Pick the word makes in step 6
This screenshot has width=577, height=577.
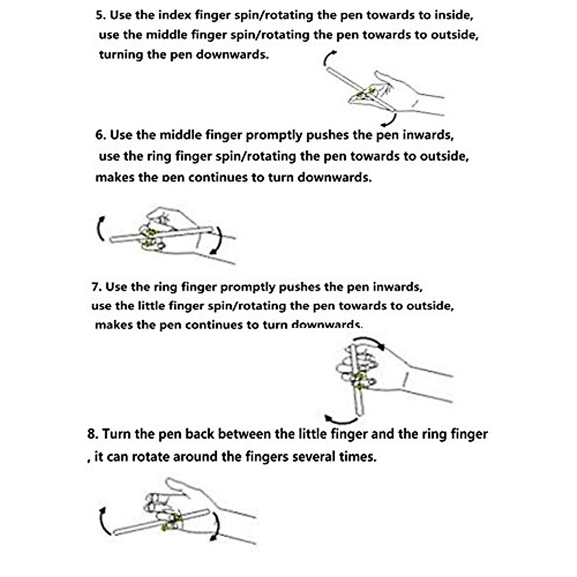(x=115, y=177)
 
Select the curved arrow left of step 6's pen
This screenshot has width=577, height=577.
(x=100, y=228)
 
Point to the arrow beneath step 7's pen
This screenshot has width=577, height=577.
(x=341, y=423)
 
